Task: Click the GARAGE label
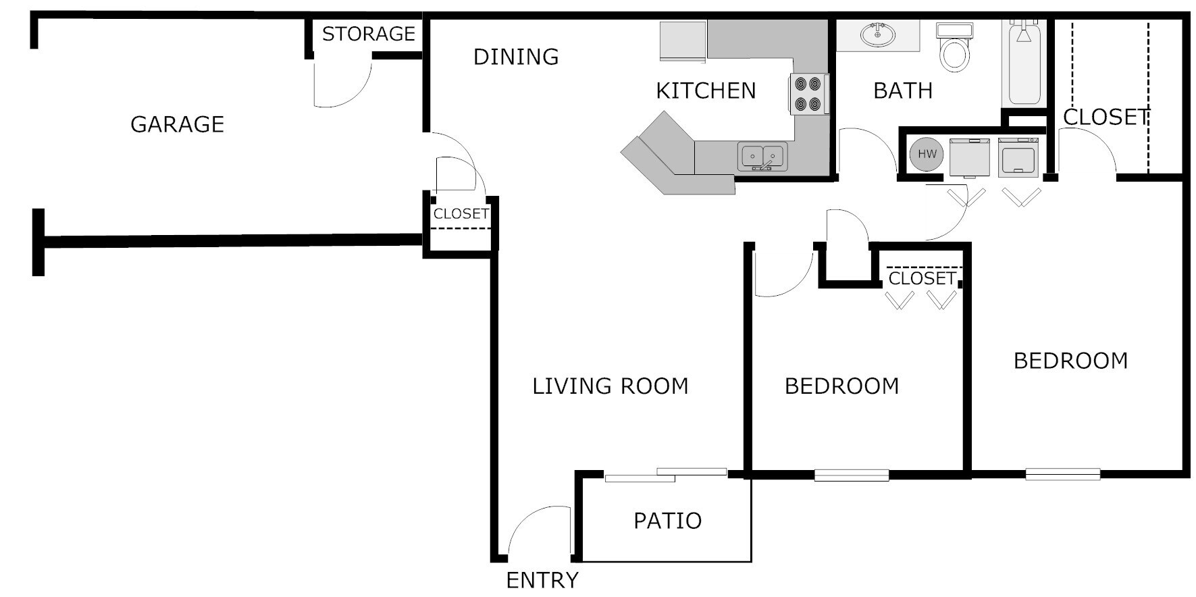click(x=177, y=124)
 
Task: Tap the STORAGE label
click(x=368, y=34)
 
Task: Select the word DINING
click(x=516, y=57)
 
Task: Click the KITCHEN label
click(x=706, y=90)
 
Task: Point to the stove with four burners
click(x=808, y=94)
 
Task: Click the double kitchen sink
click(x=762, y=157)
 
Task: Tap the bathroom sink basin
click(x=877, y=34)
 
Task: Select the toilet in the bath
click(x=954, y=48)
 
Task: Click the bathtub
click(x=1024, y=64)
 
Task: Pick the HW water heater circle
click(x=927, y=154)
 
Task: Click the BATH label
click(x=903, y=90)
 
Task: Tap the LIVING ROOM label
click(x=610, y=386)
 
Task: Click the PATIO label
click(x=667, y=521)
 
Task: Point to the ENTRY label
click(x=542, y=580)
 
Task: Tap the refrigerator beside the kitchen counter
click(x=683, y=41)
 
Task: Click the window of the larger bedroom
click(x=1062, y=475)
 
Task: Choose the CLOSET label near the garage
click(x=461, y=214)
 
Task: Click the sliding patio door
click(x=665, y=475)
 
